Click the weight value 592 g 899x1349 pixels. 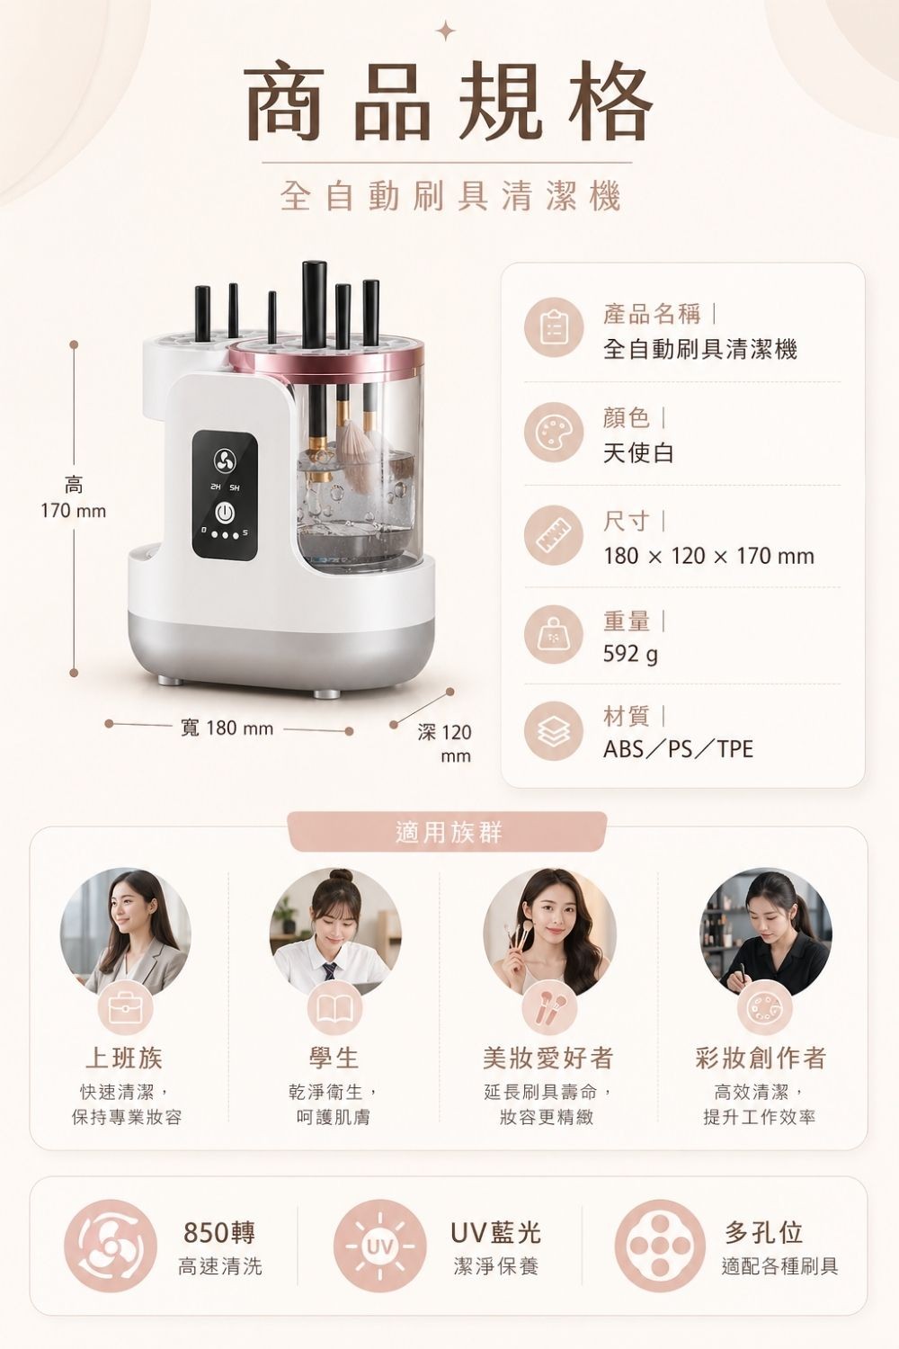click(x=630, y=654)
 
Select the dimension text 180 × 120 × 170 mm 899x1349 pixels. click(x=708, y=556)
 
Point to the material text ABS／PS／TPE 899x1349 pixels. click(x=678, y=749)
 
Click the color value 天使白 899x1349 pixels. click(x=638, y=452)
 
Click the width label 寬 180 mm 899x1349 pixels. click(x=227, y=728)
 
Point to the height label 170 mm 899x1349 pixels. click(x=74, y=511)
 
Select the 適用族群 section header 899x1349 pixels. click(x=449, y=832)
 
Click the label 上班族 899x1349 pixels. click(x=124, y=1058)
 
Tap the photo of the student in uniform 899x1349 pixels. click(x=334, y=931)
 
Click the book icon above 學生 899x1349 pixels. click(x=334, y=1009)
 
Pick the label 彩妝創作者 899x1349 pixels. click(x=761, y=1058)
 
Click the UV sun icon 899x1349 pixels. click(x=378, y=1246)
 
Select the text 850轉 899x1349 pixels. click(x=219, y=1231)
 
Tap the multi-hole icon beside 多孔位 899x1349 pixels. click(x=660, y=1246)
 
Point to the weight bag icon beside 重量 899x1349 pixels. click(x=554, y=635)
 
